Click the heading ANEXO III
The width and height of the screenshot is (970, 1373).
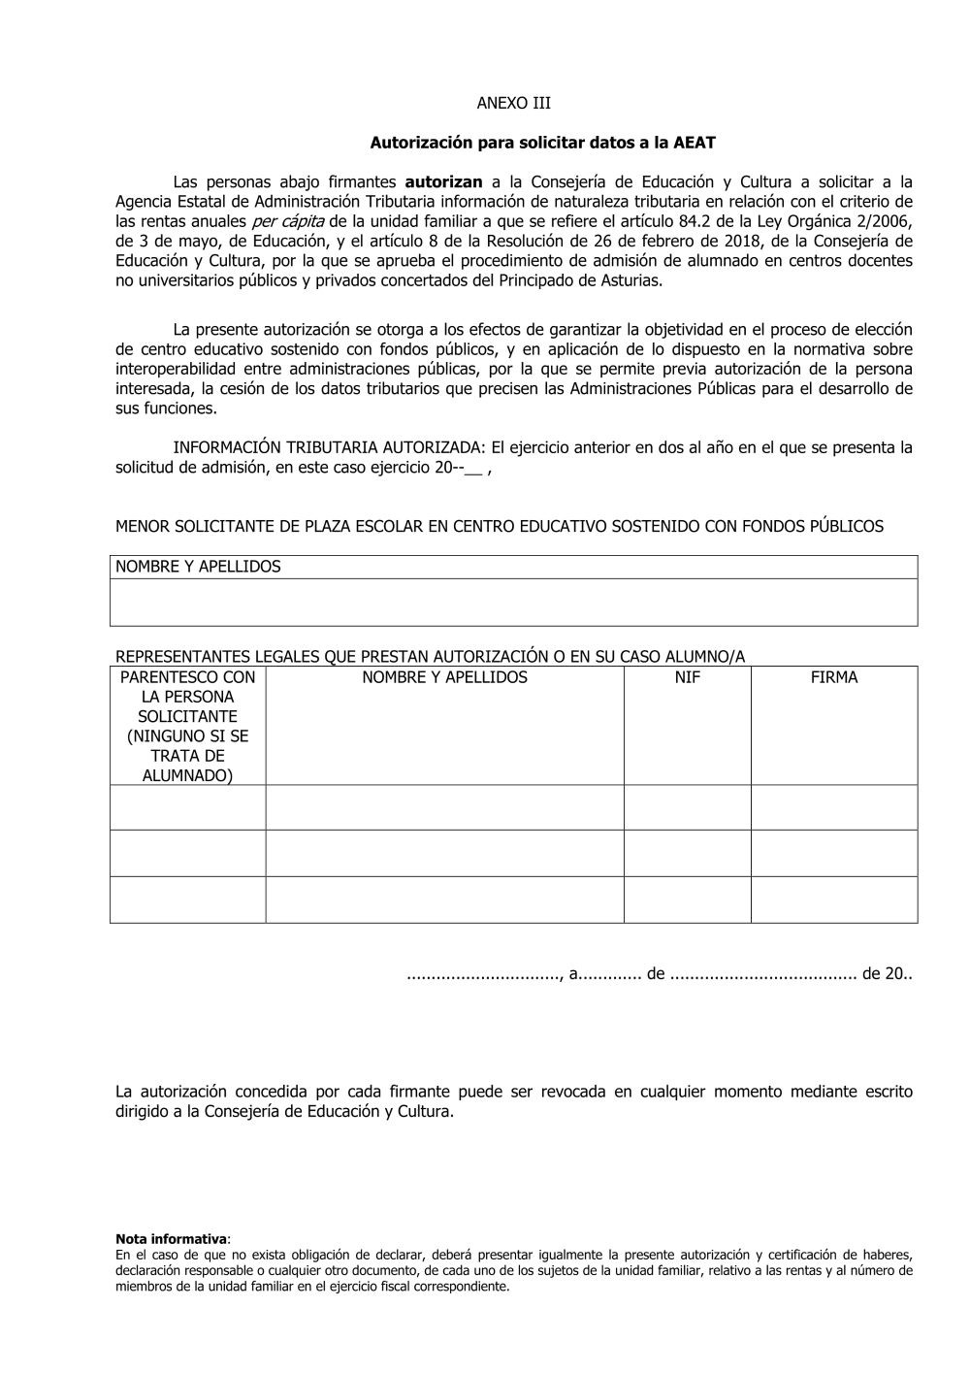[x=513, y=103]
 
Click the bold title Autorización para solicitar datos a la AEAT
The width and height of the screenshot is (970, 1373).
[x=542, y=143]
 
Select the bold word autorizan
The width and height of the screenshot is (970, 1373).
[x=443, y=181]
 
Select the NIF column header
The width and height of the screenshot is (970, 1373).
[x=687, y=677]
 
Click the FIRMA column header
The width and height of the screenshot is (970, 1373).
[x=834, y=677]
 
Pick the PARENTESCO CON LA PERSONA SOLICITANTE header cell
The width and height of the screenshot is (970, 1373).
[x=187, y=726]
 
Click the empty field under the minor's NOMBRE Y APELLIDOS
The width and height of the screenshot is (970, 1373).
[x=514, y=603]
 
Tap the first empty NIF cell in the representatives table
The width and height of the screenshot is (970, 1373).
[x=687, y=807]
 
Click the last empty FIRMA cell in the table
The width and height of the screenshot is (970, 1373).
[x=834, y=899]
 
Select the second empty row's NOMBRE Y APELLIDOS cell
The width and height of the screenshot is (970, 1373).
[x=444, y=853]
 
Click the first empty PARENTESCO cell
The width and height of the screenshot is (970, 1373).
[x=187, y=807]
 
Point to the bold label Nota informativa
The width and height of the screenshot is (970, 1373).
[x=171, y=1239]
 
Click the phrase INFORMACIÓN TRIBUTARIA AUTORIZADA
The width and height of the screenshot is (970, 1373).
[x=328, y=447]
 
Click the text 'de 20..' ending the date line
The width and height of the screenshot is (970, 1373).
[x=887, y=973]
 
